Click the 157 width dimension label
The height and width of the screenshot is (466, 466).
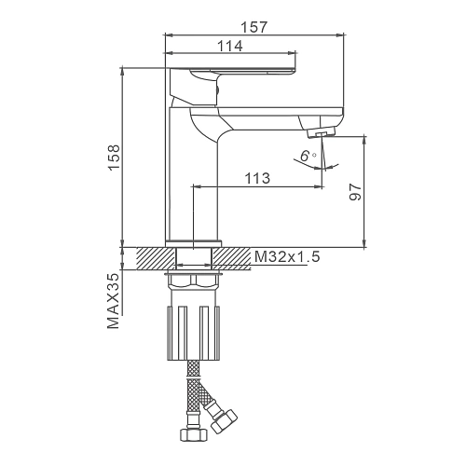click(x=254, y=27)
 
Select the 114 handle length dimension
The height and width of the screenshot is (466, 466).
click(x=229, y=47)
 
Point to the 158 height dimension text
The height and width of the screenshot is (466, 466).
click(x=114, y=157)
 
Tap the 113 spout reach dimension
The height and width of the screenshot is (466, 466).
click(x=257, y=178)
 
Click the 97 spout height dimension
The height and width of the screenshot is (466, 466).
click(x=356, y=192)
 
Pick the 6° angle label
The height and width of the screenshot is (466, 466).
click(x=308, y=156)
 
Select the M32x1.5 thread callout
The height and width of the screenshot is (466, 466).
click(x=287, y=257)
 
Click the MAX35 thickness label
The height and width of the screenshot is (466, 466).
click(x=113, y=301)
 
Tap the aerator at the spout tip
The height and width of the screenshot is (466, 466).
click(x=322, y=132)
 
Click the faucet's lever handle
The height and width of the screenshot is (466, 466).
click(x=233, y=86)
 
